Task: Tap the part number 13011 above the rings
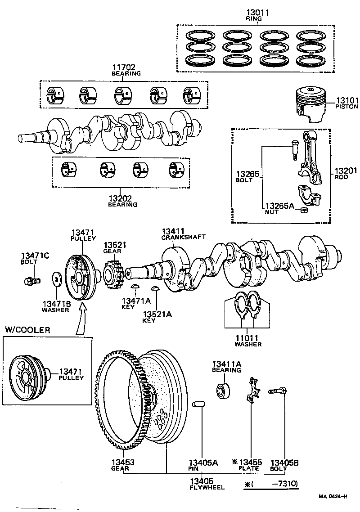[257, 13]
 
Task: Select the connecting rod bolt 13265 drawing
[293, 151]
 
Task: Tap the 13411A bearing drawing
[223, 389]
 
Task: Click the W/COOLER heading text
[27, 330]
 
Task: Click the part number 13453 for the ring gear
[123, 462]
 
